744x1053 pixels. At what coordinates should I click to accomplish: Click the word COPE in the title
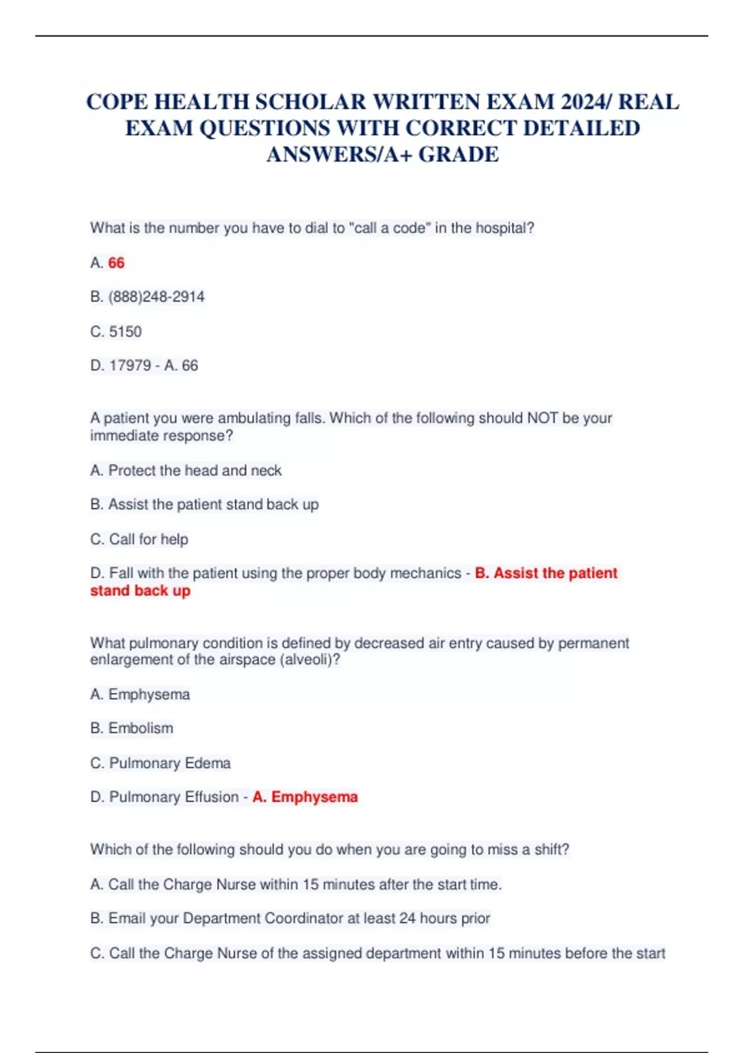117,102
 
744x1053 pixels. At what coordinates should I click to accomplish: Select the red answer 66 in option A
116,263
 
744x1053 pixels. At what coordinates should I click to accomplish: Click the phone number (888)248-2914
156,297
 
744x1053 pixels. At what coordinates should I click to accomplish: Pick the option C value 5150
125,331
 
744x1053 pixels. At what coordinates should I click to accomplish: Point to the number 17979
130,365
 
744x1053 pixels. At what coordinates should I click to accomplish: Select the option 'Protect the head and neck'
195,470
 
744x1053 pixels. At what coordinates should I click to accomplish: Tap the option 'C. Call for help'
139,539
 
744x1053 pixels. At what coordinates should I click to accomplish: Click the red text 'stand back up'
140,590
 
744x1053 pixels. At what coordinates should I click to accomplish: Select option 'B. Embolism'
131,728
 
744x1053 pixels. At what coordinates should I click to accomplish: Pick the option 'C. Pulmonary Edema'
161,762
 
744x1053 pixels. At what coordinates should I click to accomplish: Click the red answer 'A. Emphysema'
305,797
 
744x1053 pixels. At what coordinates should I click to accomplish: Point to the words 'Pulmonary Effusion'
174,797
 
